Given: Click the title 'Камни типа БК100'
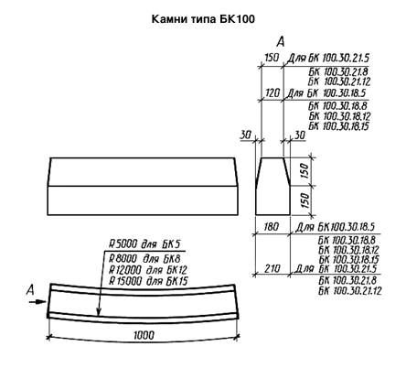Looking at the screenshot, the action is pos(203,19).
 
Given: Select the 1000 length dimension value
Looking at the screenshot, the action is pos(144,336).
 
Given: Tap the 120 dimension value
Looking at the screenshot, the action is pos(272,92).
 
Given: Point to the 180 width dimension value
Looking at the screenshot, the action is pos(272,227).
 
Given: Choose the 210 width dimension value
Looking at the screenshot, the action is pos(272,268).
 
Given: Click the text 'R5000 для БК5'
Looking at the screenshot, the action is pos(145,244).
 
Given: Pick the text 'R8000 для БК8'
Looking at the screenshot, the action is pos(144,259).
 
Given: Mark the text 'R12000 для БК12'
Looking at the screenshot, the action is pos(148,270).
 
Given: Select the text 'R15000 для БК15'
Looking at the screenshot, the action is pos(148,281).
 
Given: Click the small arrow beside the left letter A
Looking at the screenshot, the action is pos(37,302).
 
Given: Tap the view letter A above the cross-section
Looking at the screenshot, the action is pos(281,41).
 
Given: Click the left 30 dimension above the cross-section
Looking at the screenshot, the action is pos(246,135).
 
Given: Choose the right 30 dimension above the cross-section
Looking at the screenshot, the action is pos(300,135).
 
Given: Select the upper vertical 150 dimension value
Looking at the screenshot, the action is pos(304,171).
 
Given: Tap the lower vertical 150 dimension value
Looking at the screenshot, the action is pos(304,200).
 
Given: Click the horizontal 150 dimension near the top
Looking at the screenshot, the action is pos(272,58).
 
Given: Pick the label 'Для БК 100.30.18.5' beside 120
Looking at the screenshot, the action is pos(326,92).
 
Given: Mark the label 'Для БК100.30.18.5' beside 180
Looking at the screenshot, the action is pos(335,227).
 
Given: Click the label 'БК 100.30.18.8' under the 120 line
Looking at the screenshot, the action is pos(337,106).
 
